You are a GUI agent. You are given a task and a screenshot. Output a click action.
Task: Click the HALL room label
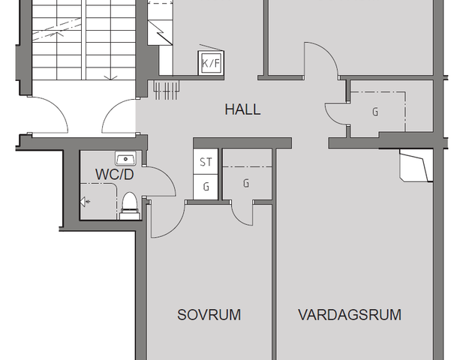point(242,109)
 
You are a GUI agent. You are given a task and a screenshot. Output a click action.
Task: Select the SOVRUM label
point(209,315)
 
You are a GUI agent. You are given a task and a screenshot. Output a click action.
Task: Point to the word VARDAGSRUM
point(350,315)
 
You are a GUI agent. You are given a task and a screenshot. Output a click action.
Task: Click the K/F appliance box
point(211,63)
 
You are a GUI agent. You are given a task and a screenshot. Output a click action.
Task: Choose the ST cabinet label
point(206,162)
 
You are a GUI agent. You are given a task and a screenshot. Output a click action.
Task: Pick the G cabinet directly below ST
point(206,187)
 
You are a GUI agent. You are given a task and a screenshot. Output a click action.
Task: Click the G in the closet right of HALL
point(375,112)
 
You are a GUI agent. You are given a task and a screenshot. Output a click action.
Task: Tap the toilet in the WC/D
point(130,205)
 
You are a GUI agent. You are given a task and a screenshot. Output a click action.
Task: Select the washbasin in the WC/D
point(126,158)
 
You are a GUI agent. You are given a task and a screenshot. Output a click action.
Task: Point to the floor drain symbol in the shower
point(85,202)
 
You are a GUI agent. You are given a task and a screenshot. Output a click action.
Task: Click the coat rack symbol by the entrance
point(167,90)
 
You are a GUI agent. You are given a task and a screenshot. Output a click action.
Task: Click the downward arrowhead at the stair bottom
point(110,78)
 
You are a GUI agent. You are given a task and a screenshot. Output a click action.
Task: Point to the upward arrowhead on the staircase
point(60,34)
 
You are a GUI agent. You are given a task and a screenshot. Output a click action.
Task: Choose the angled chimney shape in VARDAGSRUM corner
point(416,166)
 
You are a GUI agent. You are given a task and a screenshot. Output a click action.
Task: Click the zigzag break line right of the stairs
point(160,33)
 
